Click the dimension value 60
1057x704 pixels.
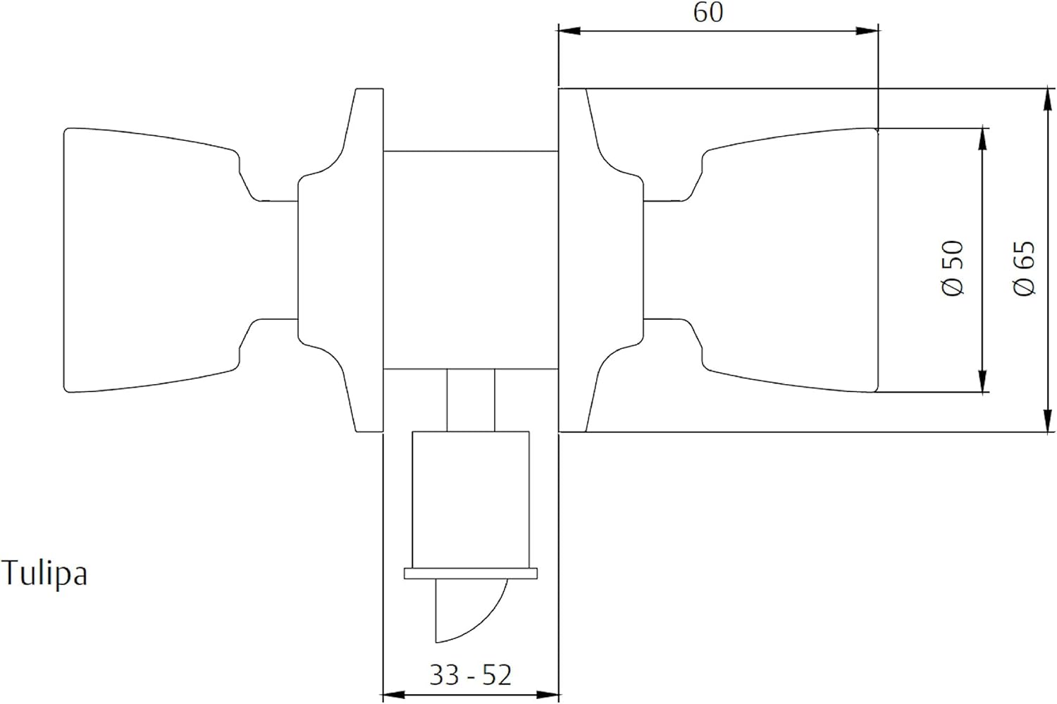(x=707, y=13)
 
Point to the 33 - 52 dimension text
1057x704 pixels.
(x=470, y=675)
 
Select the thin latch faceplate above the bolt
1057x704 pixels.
(x=470, y=573)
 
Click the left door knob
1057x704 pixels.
(x=148, y=259)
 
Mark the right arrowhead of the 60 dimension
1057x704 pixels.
(x=870, y=30)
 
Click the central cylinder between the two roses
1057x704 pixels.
(x=470, y=259)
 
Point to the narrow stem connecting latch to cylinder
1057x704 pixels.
(x=470, y=400)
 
